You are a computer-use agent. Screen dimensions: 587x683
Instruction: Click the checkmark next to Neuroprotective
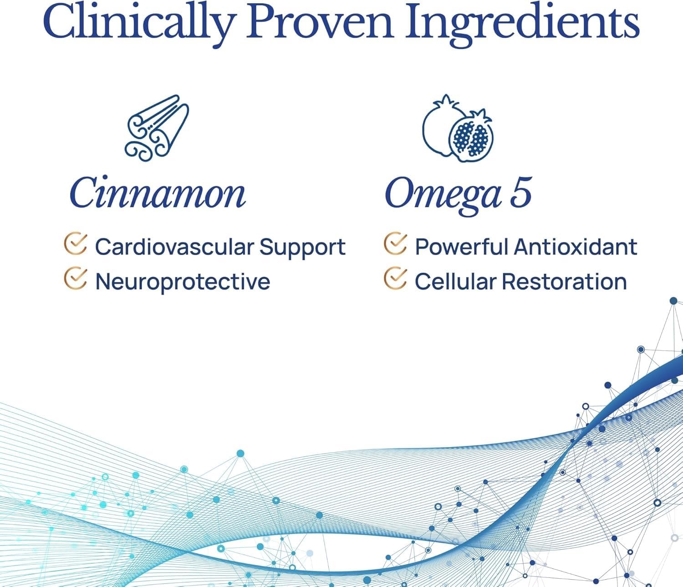pyautogui.click(x=75, y=279)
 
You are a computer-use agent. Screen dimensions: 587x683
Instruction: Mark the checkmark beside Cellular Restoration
pyautogui.click(x=395, y=279)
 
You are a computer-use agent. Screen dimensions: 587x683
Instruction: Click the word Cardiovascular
pyautogui.click(x=174, y=247)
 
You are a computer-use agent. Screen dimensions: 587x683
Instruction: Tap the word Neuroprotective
pyautogui.click(x=183, y=282)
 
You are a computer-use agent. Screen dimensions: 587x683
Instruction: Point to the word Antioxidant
pyautogui.click(x=576, y=247)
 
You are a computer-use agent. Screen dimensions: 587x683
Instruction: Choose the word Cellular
pyautogui.click(x=455, y=281)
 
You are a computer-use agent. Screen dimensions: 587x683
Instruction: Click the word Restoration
pyautogui.click(x=565, y=281)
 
